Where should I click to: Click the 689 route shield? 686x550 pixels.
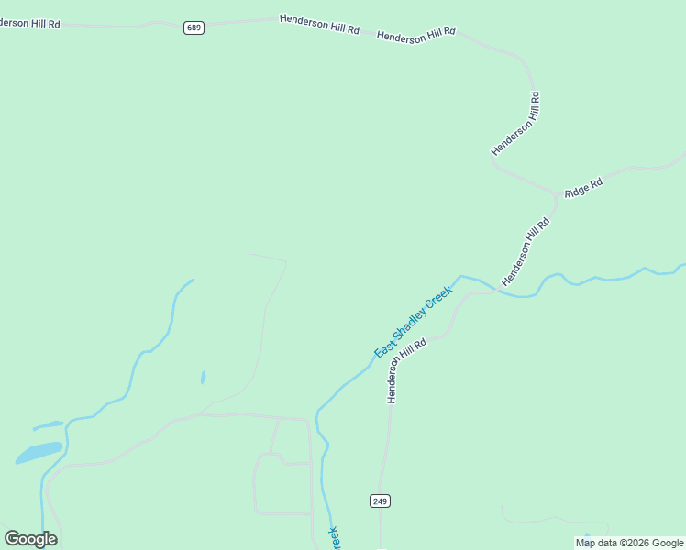pyautogui.click(x=194, y=28)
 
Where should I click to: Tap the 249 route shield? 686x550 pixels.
pyautogui.click(x=381, y=500)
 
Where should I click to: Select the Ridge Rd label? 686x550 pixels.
pyautogui.click(x=583, y=188)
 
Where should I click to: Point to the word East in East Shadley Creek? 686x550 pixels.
pyautogui.click(x=384, y=346)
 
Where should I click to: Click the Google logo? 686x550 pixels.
pyautogui.click(x=30, y=539)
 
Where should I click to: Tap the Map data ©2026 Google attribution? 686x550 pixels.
pyautogui.click(x=629, y=543)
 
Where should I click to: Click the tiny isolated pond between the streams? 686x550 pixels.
pyautogui.click(x=203, y=377)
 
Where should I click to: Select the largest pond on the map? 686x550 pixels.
pyautogui.click(x=39, y=452)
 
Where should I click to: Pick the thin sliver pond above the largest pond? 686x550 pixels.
pyautogui.click(x=48, y=425)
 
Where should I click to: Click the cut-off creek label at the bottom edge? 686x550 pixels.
pyautogui.click(x=334, y=538)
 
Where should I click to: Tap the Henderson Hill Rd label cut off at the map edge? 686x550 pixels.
pyautogui.click(x=29, y=23)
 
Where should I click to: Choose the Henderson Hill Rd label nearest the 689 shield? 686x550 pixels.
pyautogui.click(x=318, y=24)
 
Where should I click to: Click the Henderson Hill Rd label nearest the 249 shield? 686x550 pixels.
pyautogui.click(x=406, y=370)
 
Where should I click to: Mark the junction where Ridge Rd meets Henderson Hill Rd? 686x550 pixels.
pyautogui.click(x=556, y=195)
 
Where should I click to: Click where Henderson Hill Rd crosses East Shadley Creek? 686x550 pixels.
pyautogui.click(x=496, y=291)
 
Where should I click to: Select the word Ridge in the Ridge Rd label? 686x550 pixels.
pyautogui.click(x=577, y=191)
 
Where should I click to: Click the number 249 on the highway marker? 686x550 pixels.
pyautogui.click(x=381, y=500)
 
